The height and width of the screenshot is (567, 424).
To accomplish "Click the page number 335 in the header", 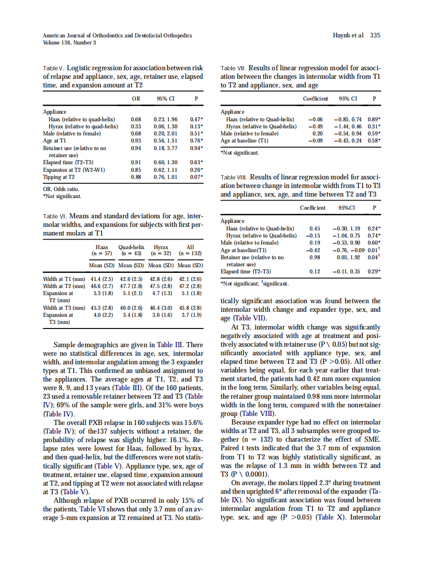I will point(375,35).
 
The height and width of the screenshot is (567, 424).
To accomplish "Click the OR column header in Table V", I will point(136,99).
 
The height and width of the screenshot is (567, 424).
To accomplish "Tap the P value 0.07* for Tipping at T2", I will point(196,177).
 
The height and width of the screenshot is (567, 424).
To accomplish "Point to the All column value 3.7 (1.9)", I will point(191,315).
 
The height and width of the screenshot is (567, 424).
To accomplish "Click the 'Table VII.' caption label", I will point(233,68).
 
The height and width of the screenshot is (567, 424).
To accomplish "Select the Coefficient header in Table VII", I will point(315,99).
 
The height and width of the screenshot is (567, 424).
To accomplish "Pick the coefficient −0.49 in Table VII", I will point(315,126).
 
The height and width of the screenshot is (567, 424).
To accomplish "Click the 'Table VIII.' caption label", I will point(234,177).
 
